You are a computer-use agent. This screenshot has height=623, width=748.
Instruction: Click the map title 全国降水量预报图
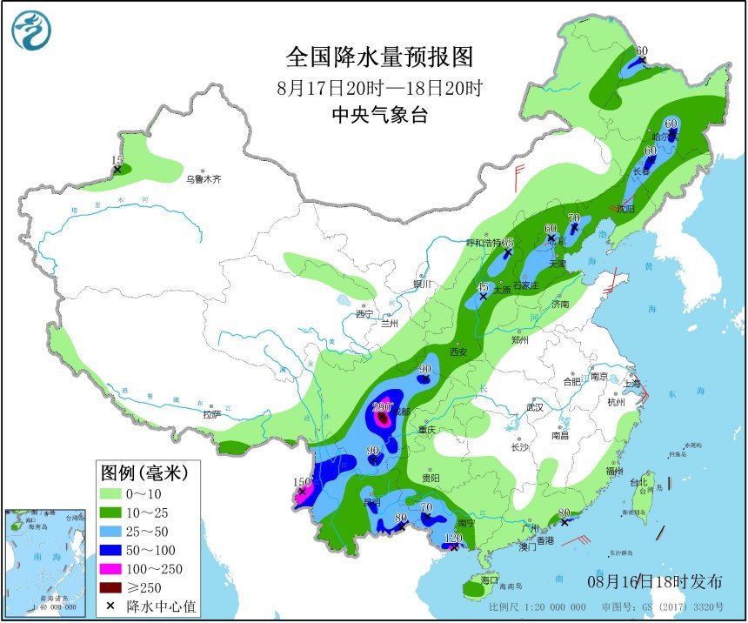pos(380,57)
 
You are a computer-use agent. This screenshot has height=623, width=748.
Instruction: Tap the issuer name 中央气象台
pos(380,116)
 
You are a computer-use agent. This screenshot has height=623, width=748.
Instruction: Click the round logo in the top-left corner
pos(31,30)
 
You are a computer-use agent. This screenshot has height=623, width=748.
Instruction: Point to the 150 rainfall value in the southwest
pos(302,482)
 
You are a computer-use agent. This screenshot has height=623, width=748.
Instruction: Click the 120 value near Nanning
pos(453,539)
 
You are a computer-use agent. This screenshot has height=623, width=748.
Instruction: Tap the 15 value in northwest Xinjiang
pos(117,160)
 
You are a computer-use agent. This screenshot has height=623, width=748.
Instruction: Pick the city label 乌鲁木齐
pos(203,179)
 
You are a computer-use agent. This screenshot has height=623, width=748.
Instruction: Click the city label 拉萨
pos(211,414)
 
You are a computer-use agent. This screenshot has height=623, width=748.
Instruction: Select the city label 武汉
pos(533,407)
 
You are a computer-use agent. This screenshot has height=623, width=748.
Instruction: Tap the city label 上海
pos(632,383)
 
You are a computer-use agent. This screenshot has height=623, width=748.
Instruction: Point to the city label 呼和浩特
pos(483,243)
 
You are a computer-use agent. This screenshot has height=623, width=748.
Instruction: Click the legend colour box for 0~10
pos(111,493)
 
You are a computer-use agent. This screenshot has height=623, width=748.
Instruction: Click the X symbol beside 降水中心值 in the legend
pos(110,605)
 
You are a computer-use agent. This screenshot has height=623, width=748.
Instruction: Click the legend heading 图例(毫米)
pos(144,473)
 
